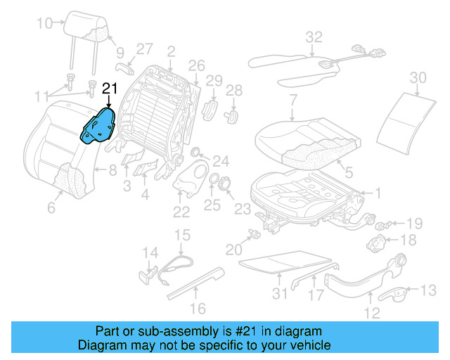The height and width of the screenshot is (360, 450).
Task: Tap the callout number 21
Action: click(110, 89)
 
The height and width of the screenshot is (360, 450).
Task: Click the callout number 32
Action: click(314, 37)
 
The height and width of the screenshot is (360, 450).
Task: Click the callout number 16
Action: click(198, 307)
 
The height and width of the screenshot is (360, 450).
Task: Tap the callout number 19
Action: click(414, 224)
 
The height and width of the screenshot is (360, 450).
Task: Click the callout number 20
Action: click(233, 249)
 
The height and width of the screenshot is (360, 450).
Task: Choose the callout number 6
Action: click(51, 207)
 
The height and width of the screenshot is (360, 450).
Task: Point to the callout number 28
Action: click(234, 90)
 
